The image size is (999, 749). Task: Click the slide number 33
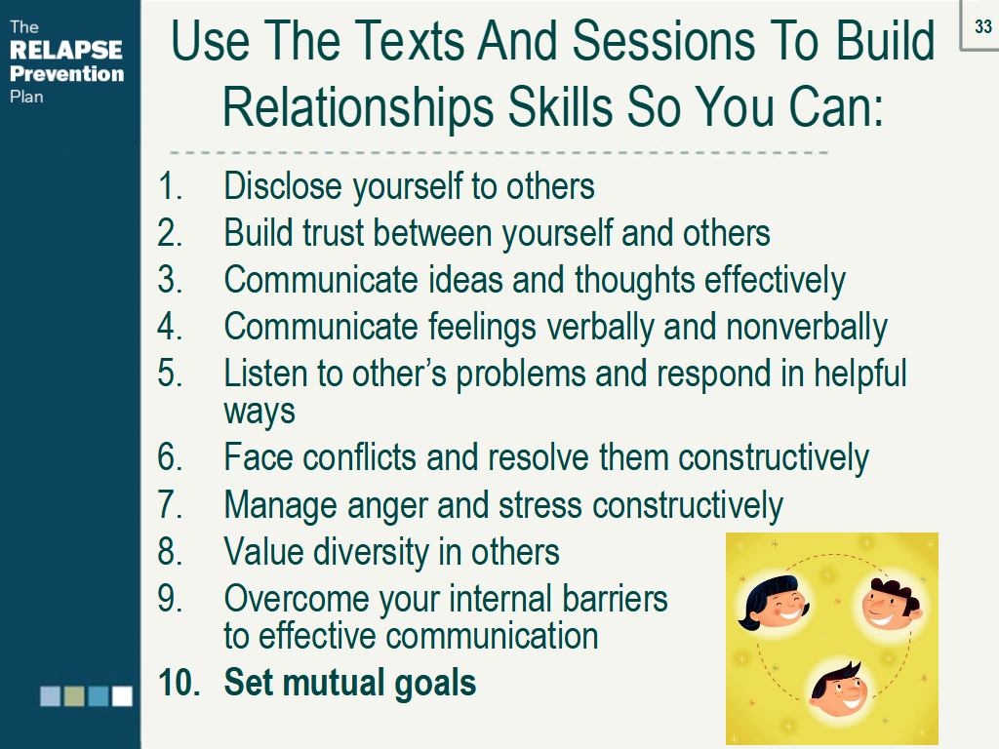point(983,26)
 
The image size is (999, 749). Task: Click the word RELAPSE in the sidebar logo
point(66,50)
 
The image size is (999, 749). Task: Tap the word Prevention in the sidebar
point(67,74)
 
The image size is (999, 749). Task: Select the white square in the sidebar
point(122,696)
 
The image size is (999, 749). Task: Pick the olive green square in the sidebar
point(74,696)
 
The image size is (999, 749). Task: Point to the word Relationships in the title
point(357,107)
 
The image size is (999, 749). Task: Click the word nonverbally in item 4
point(806,328)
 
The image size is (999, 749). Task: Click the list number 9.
point(170,599)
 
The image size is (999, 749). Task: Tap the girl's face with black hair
point(774,603)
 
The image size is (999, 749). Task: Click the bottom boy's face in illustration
point(838,690)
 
